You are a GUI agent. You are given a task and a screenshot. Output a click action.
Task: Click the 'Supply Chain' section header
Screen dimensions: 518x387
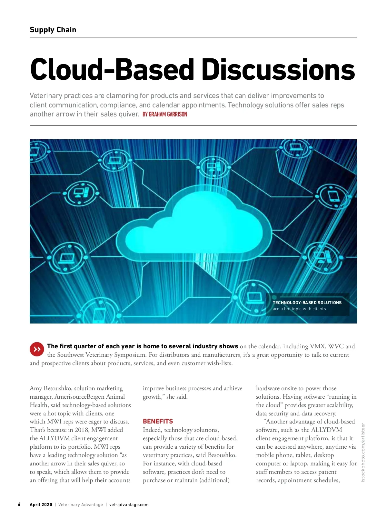click(x=53, y=30)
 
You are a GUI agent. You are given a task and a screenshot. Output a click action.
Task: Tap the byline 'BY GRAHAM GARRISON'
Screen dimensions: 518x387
click(x=165, y=115)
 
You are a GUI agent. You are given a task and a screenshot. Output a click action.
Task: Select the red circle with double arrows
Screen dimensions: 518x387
click(x=37, y=349)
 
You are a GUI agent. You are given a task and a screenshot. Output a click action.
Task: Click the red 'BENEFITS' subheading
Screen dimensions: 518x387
click(x=158, y=421)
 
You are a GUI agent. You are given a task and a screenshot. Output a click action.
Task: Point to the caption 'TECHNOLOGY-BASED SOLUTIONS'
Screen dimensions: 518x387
click(x=307, y=303)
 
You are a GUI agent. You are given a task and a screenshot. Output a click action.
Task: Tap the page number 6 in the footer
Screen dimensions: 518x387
click(x=19, y=504)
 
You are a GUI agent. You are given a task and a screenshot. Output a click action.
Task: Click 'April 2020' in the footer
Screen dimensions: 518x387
click(x=41, y=505)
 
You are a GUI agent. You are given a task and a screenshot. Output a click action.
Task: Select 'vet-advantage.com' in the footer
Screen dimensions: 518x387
click(x=129, y=505)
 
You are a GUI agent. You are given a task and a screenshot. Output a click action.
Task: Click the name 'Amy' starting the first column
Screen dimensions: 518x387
click(x=36, y=388)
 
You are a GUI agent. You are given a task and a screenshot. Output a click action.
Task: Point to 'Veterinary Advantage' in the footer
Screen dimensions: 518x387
click(x=81, y=505)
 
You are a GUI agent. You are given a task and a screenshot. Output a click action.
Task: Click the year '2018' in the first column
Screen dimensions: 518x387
click(x=82, y=430)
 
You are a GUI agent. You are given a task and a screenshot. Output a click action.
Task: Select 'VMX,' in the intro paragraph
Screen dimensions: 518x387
click(x=317, y=346)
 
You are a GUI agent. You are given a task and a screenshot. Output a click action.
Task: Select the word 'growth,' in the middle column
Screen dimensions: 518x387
click(x=153, y=397)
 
